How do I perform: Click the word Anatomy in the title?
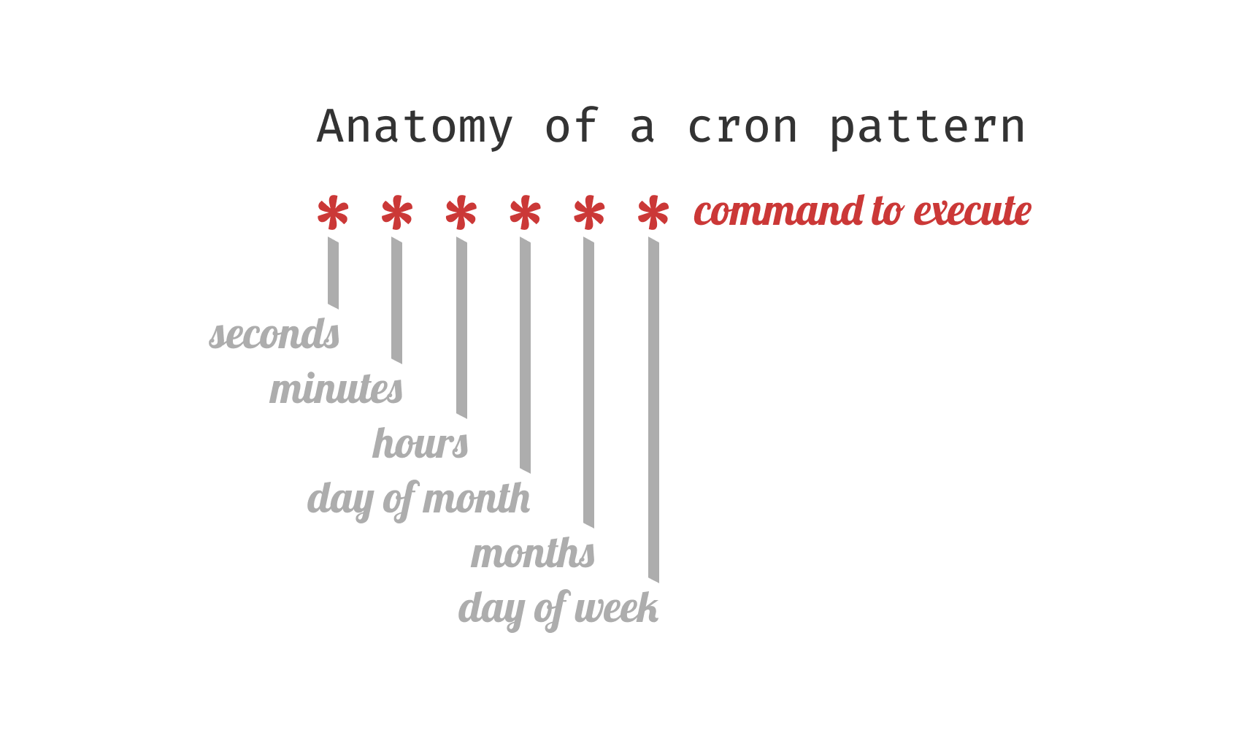pos(415,127)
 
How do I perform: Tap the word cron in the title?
pos(743,127)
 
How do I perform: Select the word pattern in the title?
pos(927,127)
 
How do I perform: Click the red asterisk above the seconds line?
pos(333,213)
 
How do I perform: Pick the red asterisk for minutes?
pos(397,213)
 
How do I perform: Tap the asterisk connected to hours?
pos(461,213)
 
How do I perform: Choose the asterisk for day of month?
pos(525,213)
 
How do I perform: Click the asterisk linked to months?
pos(589,213)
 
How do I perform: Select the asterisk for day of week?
pos(653,213)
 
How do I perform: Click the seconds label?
pos(274,334)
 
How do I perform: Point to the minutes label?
pos(336,389)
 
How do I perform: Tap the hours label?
pos(420,444)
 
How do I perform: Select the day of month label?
pos(418,499)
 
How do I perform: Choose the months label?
pos(533,553)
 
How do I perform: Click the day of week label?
pos(558,609)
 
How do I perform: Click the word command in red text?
pos(778,211)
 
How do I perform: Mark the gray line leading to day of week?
pos(653,409)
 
